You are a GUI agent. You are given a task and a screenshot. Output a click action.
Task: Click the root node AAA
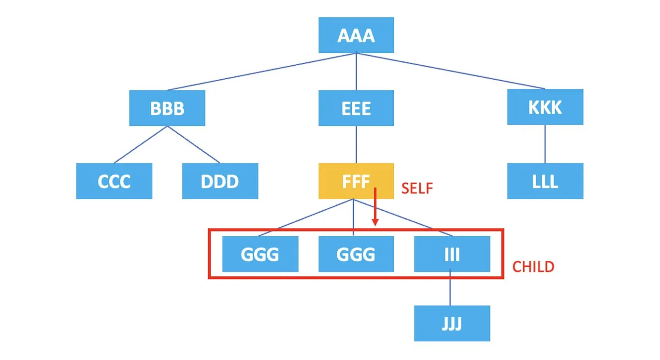pyautogui.click(x=356, y=35)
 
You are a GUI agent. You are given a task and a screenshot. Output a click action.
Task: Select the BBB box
pyautogui.click(x=167, y=108)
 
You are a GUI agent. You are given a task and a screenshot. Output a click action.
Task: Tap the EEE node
pyautogui.click(x=356, y=108)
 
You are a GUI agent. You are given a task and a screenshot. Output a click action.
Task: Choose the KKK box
pyautogui.click(x=545, y=107)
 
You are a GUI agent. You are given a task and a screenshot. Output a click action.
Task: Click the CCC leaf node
pyautogui.click(x=114, y=181)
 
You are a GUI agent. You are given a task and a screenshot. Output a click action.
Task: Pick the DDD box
pyautogui.click(x=220, y=181)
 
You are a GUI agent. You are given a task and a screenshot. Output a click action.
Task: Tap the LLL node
pyautogui.click(x=545, y=181)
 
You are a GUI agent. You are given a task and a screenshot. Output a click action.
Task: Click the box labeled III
pyautogui.click(x=452, y=254)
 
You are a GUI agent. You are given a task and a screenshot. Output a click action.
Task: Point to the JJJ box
pyautogui.click(x=452, y=323)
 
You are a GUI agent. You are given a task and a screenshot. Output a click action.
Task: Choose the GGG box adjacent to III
pyautogui.click(x=356, y=254)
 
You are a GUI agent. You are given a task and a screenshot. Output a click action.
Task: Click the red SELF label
pyautogui.click(x=416, y=188)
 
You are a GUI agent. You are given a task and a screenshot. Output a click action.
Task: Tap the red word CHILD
pyautogui.click(x=533, y=266)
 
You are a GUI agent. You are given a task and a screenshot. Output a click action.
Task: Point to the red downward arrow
pyautogui.click(x=375, y=208)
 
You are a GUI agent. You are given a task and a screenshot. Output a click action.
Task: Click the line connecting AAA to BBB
pyautogui.click(x=261, y=72)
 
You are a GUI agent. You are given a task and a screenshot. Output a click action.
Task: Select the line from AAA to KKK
pyautogui.click(x=451, y=71)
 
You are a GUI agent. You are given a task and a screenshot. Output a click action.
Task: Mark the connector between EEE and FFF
pyautogui.click(x=356, y=144)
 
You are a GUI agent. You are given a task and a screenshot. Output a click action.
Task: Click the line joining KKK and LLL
pyautogui.click(x=545, y=144)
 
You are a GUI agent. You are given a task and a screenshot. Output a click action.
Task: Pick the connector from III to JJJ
pyautogui.click(x=450, y=289)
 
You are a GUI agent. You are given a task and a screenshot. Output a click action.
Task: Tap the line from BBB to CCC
pyautogui.click(x=141, y=144)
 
